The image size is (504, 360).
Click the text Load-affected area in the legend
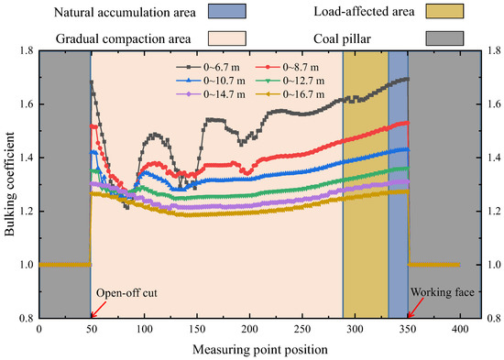point(365,13)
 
